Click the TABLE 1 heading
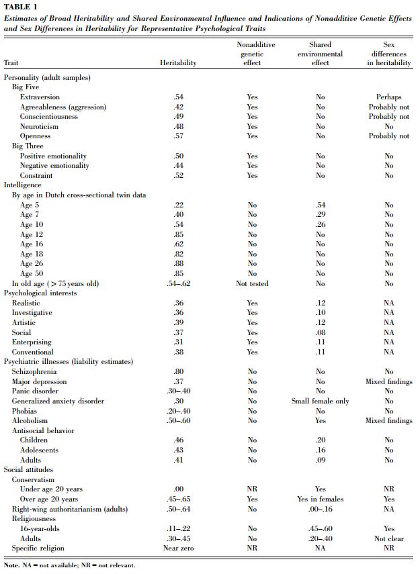[20, 7]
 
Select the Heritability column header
[178, 63]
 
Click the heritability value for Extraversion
[179, 97]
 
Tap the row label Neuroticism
[39, 126]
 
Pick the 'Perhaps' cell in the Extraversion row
[388, 97]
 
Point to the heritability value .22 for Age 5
[179, 205]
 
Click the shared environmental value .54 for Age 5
[321, 205]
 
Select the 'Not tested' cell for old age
[252, 283]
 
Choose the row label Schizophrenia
[34, 371]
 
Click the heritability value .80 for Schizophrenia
[179, 371]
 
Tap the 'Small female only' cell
[321, 401]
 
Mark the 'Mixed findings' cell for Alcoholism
[388, 420]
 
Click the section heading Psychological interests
[40, 293]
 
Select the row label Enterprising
[33, 342]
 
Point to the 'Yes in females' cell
[321, 499]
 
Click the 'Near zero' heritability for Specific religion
[179, 548]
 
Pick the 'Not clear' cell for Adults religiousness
[388, 538]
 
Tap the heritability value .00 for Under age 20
[179, 489]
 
